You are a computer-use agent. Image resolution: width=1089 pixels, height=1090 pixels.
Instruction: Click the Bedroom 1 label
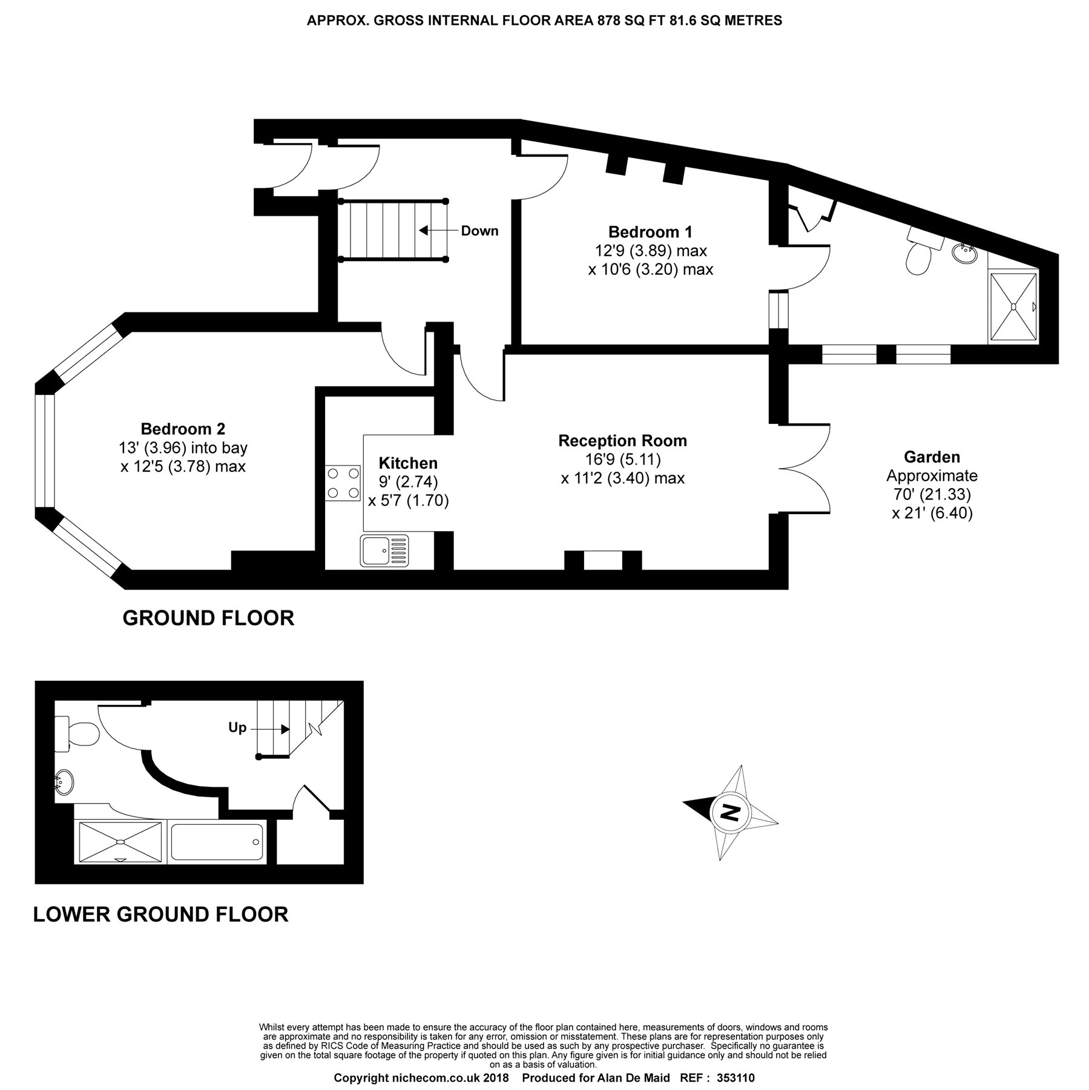[x=650, y=232]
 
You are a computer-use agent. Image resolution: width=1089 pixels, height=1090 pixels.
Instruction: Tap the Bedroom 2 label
[x=183, y=429]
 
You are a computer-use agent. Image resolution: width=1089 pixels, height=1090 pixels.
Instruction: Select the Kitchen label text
[x=408, y=463]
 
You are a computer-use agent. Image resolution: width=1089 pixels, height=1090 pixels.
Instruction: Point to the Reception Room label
[x=622, y=441]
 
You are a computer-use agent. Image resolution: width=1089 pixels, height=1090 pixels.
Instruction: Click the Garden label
[x=932, y=457]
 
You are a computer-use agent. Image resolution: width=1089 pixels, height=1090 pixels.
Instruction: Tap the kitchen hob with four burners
[x=343, y=483]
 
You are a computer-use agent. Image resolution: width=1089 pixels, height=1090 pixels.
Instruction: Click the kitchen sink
[x=384, y=550]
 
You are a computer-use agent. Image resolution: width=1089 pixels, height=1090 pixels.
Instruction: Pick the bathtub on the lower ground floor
[x=216, y=842]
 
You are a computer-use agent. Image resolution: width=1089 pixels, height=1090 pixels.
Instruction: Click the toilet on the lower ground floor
[x=77, y=734]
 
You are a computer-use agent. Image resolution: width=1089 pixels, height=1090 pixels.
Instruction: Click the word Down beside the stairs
[x=479, y=231]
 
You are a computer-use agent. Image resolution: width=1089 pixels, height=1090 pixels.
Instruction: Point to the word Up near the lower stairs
[x=237, y=727]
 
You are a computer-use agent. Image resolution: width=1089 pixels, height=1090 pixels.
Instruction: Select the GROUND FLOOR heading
[x=208, y=618]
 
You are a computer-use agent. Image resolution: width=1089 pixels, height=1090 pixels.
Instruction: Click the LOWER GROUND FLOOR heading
[x=160, y=914]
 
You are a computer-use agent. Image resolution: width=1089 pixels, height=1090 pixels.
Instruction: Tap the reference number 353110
[x=735, y=1078]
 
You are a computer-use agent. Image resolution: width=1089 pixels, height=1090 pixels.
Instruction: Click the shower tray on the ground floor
[x=1013, y=308]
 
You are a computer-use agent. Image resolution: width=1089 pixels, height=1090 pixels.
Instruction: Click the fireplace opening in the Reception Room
[x=603, y=561]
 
